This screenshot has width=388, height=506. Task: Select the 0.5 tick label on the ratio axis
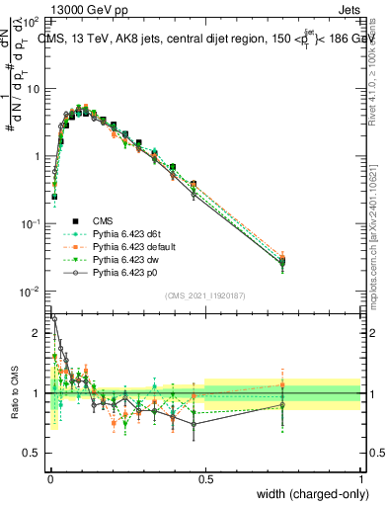tap(33, 455)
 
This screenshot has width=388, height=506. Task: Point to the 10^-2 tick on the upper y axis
tap(30, 292)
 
